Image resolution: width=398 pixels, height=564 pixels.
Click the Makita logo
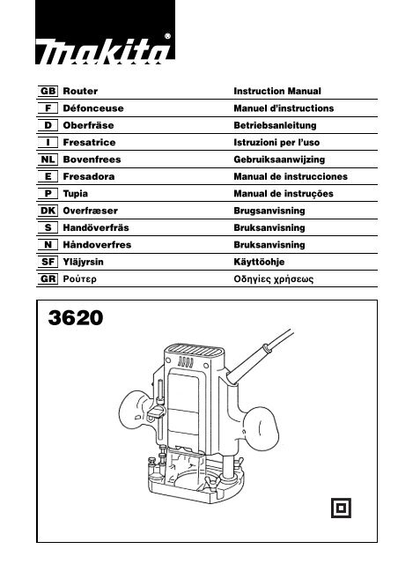(x=105, y=33)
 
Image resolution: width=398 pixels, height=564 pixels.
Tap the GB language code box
(x=48, y=91)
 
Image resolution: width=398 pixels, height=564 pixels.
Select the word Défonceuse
(x=93, y=108)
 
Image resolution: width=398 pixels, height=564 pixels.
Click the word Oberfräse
(x=88, y=125)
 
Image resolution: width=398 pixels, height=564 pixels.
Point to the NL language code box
(x=48, y=160)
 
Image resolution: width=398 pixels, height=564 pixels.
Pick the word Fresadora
(x=89, y=176)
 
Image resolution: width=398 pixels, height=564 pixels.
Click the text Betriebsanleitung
(x=275, y=125)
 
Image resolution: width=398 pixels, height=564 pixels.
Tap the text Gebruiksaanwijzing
(x=279, y=160)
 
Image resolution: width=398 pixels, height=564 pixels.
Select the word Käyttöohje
(x=259, y=263)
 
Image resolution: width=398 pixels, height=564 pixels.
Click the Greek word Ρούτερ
(x=79, y=279)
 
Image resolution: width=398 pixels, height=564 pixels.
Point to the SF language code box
(x=48, y=262)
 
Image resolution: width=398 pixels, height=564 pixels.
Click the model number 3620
(x=76, y=317)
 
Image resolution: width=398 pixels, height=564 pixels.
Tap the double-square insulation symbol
(x=341, y=508)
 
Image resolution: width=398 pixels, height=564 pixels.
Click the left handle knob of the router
(x=135, y=408)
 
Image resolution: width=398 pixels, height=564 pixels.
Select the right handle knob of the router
(x=262, y=427)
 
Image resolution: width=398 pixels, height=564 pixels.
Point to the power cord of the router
(x=261, y=357)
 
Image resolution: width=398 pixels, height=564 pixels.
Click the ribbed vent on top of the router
(x=194, y=350)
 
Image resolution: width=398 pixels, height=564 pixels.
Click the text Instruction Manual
(x=277, y=92)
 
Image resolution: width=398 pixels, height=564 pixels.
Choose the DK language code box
(x=48, y=211)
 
